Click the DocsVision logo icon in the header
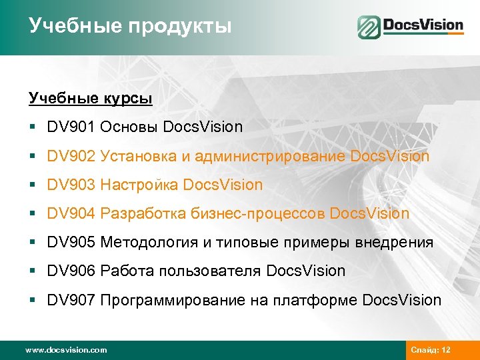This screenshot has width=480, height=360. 368,27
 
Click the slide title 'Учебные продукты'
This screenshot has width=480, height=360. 130,26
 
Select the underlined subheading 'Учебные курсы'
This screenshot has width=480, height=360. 91,99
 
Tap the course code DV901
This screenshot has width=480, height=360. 71,127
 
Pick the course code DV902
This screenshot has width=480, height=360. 71,157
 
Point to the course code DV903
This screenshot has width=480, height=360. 71,185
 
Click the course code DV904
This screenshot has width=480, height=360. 71,213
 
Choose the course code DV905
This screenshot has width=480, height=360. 71,243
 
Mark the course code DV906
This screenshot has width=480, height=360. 71,271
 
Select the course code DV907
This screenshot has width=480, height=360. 71,300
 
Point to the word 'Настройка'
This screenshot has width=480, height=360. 139,185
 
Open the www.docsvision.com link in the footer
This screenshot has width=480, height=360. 65,350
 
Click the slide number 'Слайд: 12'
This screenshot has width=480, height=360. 431,350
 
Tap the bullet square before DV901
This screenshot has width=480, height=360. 32,127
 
